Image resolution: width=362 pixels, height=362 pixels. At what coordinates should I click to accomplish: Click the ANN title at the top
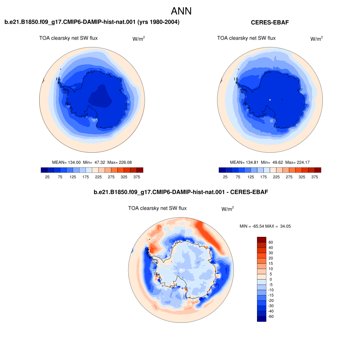[x=181, y=11]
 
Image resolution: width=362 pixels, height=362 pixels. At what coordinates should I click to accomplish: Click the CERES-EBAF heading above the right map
[x=270, y=22]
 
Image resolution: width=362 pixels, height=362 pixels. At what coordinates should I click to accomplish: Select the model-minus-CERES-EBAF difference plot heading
[x=181, y=192]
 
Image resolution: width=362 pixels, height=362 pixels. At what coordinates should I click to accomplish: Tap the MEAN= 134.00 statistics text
[x=66, y=162]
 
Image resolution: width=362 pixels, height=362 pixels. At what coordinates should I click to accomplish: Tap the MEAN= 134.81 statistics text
[x=244, y=162]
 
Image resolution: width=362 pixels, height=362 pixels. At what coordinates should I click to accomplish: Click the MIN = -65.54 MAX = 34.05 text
[x=265, y=226]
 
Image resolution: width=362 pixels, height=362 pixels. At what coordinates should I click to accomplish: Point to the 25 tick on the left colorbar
[x=47, y=177]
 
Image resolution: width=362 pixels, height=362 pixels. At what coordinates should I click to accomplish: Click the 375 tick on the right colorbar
[x=315, y=177]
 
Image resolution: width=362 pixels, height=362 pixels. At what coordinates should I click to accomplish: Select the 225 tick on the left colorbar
[x=98, y=177]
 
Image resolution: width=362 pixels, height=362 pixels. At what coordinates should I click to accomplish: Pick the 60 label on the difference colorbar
[x=271, y=242]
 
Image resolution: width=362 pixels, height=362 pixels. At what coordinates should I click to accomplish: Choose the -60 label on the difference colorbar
[x=271, y=316]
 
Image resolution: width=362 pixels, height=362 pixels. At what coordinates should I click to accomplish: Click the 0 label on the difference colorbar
[x=271, y=279]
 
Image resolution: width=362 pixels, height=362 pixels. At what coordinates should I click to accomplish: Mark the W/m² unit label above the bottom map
[x=228, y=209]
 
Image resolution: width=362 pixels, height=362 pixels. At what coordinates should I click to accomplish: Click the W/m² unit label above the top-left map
[x=139, y=39]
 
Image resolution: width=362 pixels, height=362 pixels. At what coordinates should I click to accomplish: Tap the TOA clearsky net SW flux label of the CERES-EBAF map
[x=246, y=38]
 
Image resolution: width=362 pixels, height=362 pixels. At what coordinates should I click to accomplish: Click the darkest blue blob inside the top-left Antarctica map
[x=100, y=97]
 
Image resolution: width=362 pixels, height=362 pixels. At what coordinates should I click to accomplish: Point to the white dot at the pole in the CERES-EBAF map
[x=270, y=100]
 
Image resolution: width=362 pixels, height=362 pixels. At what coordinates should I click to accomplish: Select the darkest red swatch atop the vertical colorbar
[x=262, y=239]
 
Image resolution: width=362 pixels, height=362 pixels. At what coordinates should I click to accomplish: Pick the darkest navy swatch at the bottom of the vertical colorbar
[x=262, y=319]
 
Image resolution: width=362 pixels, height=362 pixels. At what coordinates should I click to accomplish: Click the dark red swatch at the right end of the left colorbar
[x=140, y=170]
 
